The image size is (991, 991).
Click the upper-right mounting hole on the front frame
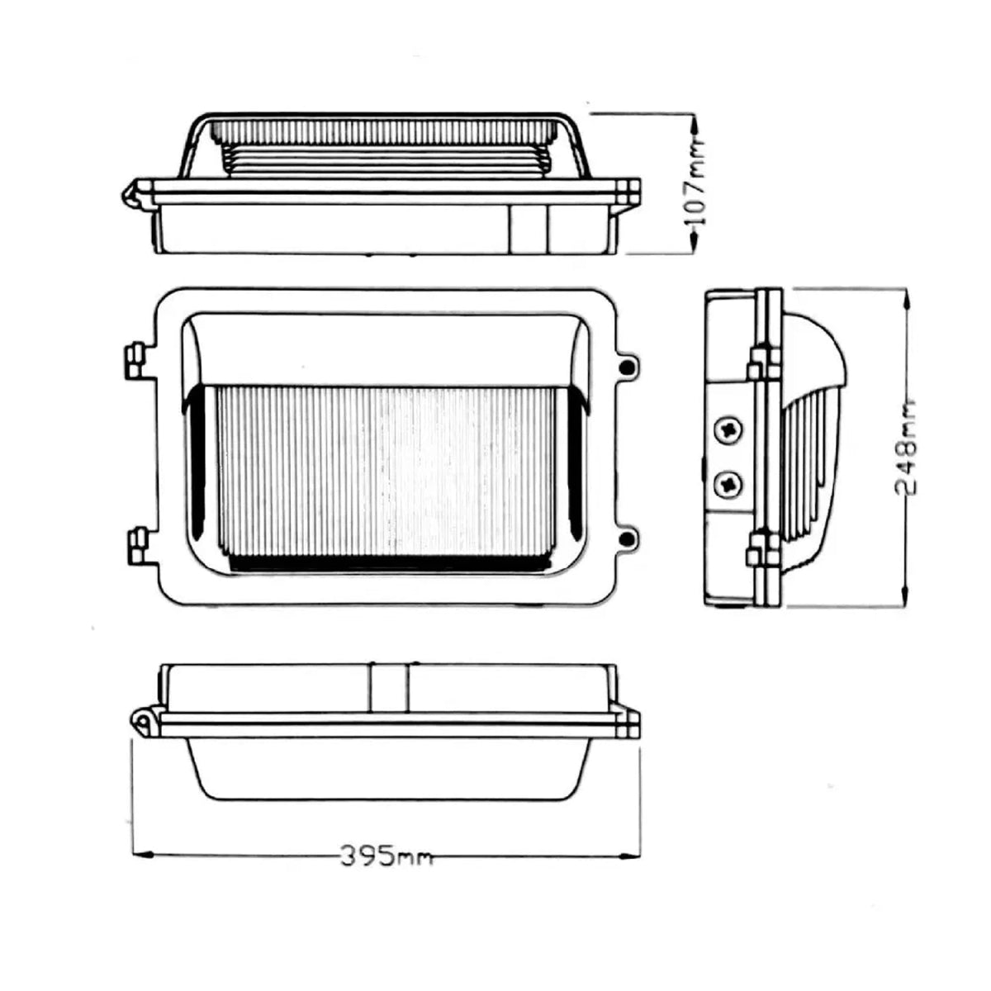pyautogui.click(x=628, y=365)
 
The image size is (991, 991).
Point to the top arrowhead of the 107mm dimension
pyautogui.click(x=695, y=122)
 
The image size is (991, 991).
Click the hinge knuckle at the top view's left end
pyautogui.click(x=130, y=195)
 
